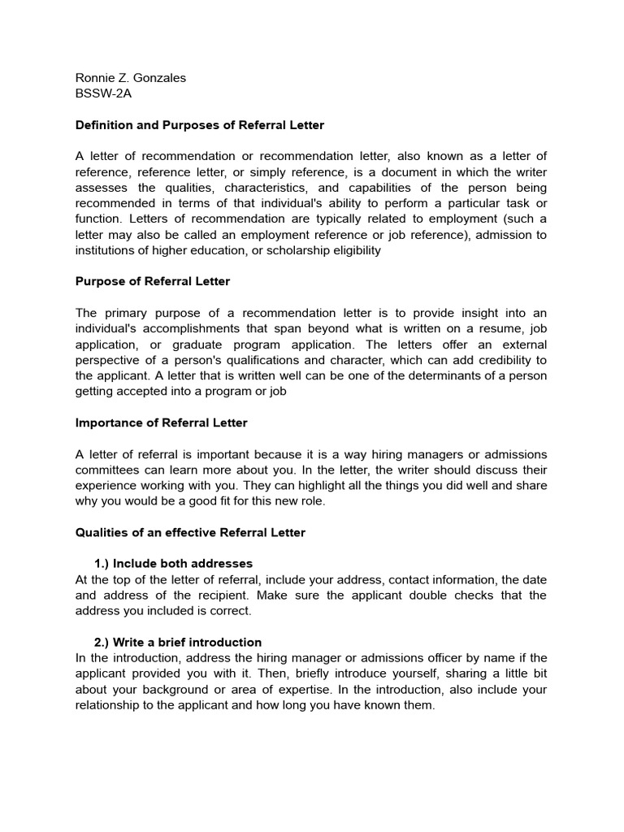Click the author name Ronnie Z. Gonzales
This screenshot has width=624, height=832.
tap(130, 78)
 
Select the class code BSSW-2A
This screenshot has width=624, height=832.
tap(103, 93)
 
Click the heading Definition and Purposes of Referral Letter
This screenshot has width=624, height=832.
tap(200, 125)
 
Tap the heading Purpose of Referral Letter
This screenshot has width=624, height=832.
tap(153, 281)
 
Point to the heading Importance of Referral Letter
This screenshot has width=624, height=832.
tap(162, 422)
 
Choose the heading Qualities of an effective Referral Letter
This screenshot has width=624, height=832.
tap(190, 532)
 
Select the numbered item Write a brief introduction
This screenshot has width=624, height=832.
tap(179, 642)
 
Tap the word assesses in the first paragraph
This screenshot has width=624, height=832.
tap(102, 188)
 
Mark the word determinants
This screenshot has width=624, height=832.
tap(401, 375)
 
